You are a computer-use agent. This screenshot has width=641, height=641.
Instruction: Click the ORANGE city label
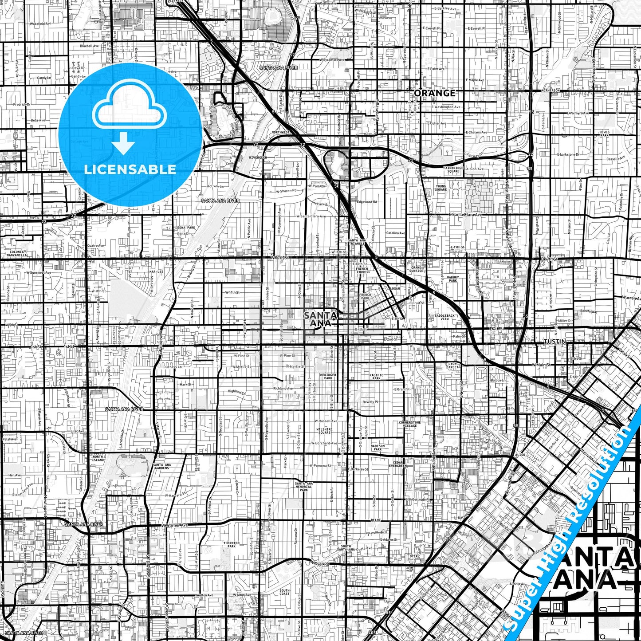(435, 93)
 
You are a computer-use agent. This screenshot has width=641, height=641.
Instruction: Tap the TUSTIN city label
(555, 342)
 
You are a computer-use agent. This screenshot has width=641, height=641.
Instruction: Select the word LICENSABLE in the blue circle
(130, 169)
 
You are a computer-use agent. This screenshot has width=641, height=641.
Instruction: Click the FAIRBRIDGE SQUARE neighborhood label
(453, 169)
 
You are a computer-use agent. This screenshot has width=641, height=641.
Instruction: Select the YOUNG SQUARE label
(441, 188)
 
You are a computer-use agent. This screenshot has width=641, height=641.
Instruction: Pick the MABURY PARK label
(453, 279)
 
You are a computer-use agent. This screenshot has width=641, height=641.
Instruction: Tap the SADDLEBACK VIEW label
(444, 317)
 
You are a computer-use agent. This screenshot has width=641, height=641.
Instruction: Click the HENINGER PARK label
(328, 377)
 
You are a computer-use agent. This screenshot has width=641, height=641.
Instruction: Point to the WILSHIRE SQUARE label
(324, 431)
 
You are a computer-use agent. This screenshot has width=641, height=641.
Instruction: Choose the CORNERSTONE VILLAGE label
(409, 424)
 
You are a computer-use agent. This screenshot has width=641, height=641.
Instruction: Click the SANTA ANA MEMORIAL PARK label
(304, 487)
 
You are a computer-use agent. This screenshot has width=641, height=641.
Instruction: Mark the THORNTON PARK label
(232, 544)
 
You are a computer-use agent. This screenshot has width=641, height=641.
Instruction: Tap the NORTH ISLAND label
(98, 458)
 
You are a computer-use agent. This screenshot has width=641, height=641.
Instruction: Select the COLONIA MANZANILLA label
(18, 254)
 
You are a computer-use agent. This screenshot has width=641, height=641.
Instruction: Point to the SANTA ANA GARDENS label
(161, 466)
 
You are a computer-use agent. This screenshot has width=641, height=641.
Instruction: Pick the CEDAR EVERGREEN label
(398, 464)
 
